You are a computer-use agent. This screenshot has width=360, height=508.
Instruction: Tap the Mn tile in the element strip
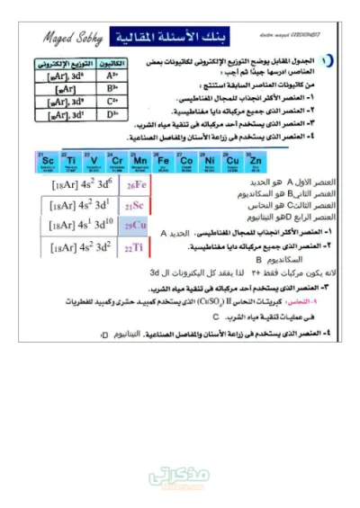point(139,161)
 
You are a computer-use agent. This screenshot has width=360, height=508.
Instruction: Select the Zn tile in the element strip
point(256,161)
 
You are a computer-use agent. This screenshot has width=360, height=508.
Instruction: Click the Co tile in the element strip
point(186,161)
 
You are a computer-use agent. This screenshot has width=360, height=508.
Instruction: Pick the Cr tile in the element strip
point(116,161)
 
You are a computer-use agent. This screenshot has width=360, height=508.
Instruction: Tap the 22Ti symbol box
point(135,247)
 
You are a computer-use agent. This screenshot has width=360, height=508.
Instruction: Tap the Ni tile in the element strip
point(209,161)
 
